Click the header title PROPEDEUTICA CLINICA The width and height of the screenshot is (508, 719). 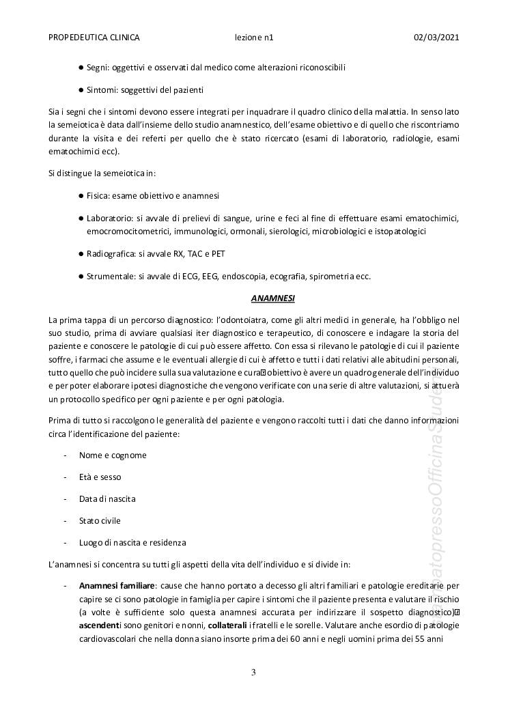tap(94, 38)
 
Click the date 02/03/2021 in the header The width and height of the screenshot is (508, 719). tap(436, 38)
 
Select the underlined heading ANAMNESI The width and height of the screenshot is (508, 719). tap(272, 298)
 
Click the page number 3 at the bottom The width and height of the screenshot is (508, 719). tap(253, 673)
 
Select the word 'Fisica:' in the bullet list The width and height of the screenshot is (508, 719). tap(100, 196)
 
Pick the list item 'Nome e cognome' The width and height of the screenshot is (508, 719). tap(113, 455)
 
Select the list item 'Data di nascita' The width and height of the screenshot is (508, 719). tap(107, 499)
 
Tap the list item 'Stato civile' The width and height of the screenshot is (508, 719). tap(100, 521)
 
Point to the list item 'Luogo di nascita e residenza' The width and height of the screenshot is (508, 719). tap(132, 543)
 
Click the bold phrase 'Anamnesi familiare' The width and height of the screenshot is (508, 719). tap(117, 586)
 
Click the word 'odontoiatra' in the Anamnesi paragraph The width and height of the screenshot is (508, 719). tap(243, 320)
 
